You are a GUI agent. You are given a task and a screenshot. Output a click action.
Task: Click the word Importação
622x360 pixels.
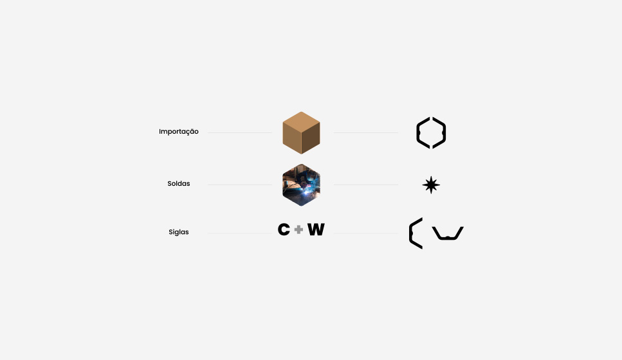click(179, 132)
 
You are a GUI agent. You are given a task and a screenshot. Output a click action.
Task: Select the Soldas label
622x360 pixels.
click(179, 184)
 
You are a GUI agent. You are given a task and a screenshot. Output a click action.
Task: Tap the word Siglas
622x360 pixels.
click(179, 232)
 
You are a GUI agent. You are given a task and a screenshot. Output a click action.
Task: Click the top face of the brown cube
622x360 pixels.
click(301, 122)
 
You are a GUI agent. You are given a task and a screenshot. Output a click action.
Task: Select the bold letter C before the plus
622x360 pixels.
click(284, 229)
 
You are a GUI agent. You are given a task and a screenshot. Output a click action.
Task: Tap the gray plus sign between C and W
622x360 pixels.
click(298, 230)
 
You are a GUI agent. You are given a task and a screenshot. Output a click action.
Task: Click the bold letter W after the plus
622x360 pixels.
click(316, 229)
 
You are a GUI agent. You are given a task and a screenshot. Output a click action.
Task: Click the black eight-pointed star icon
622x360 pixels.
click(431, 184)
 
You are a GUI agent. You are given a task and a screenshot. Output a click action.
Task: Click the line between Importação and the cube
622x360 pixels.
click(240, 133)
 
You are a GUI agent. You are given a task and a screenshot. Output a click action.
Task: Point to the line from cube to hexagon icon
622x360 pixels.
click(366, 133)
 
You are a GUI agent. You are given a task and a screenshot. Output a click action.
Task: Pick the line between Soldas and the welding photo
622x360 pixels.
click(240, 184)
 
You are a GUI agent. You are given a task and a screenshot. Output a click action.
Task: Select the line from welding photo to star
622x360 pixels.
click(366, 184)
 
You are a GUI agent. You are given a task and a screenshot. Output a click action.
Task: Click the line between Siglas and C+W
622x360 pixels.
click(240, 233)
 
